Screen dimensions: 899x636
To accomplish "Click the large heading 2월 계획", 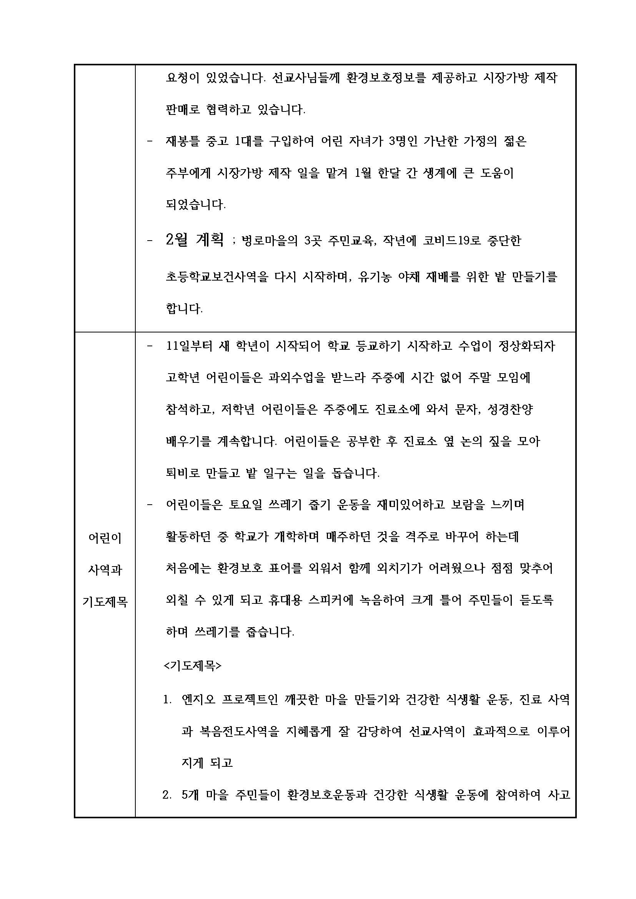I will point(195,239).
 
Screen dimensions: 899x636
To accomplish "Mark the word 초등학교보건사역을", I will point(217,277).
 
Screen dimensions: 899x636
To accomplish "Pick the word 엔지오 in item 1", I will point(198,699).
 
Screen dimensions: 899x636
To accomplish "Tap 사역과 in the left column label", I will point(105,570).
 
